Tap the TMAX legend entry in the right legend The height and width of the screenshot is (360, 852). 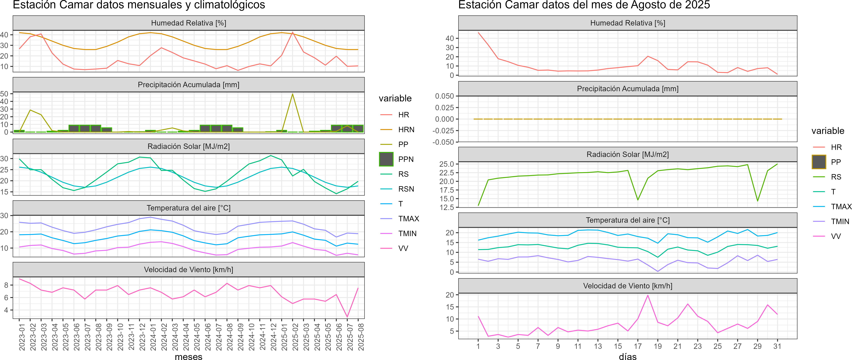pos(841,207)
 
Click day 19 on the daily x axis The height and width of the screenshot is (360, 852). pos(658,346)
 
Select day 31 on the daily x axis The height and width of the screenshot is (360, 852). pos(777,346)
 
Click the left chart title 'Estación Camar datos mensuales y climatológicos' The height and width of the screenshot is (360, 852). pos(139,5)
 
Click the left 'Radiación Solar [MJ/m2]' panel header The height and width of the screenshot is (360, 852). pos(189,146)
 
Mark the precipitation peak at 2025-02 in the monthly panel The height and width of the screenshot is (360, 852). pos(292,94)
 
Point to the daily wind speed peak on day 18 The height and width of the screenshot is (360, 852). pos(648,296)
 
